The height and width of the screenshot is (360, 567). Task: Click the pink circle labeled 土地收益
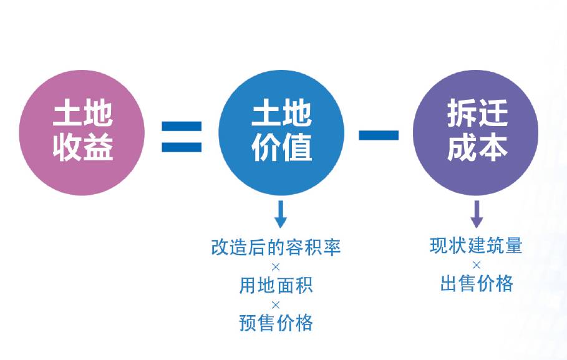click(82, 132)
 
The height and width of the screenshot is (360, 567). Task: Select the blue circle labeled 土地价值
click(281, 132)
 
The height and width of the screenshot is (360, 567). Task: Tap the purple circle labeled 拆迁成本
click(475, 132)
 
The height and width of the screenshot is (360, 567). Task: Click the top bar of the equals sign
click(182, 126)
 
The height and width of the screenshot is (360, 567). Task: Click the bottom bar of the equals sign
click(182, 147)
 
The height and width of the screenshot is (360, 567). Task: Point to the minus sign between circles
click(379, 135)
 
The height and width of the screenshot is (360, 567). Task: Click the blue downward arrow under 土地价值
click(281, 214)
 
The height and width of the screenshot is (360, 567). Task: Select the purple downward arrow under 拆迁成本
click(477, 214)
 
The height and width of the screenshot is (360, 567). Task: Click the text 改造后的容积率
click(276, 247)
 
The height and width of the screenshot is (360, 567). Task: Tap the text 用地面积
click(276, 285)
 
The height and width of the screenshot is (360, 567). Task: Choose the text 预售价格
click(276, 323)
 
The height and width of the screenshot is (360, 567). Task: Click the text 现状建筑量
click(476, 245)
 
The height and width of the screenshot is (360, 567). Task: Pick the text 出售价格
click(477, 283)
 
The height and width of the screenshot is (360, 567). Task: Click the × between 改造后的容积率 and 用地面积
click(276, 267)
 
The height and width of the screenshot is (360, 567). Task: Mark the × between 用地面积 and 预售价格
click(276, 305)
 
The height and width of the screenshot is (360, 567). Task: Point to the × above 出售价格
click(477, 265)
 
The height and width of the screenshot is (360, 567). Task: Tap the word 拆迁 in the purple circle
click(477, 114)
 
